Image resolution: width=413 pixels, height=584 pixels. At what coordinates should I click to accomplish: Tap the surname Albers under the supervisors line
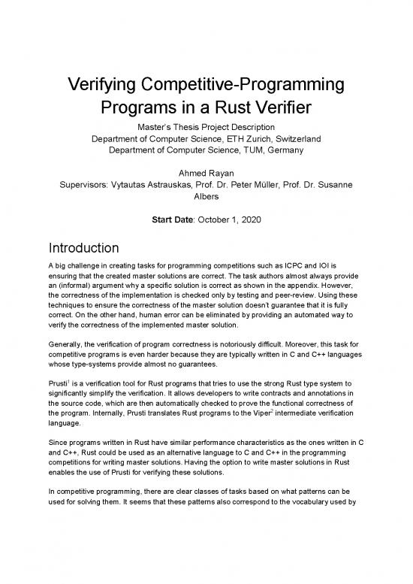(206, 200)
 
